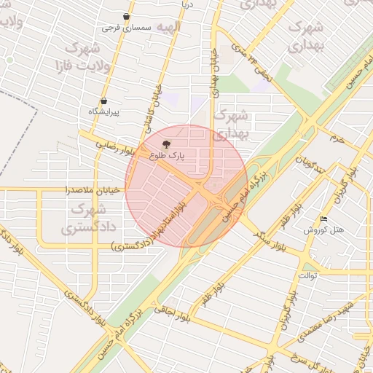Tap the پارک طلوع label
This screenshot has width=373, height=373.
tap(168, 155)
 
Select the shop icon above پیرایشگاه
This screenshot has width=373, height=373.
tap(103, 101)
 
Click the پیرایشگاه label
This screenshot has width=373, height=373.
tap(103, 111)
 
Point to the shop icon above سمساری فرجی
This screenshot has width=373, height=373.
tap(127, 16)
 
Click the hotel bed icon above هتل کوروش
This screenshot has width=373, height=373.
tap(324, 219)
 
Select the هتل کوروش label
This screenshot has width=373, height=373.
tap(324, 229)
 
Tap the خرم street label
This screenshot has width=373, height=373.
tap(336, 137)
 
